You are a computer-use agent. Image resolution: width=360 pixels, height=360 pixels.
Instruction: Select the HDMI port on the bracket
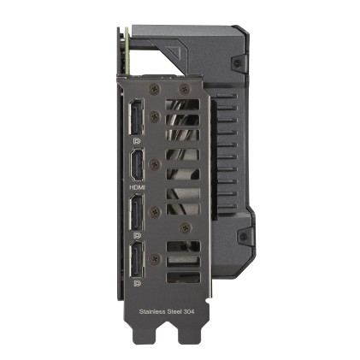click(138, 165)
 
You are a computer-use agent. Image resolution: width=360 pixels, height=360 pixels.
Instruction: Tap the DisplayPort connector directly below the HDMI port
click(138, 213)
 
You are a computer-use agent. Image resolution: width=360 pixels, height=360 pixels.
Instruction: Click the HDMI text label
click(138, 186)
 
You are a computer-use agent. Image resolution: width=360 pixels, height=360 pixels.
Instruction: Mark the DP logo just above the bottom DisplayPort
click(138, 233)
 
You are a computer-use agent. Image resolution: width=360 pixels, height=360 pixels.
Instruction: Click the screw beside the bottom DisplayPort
click(154, 258)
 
